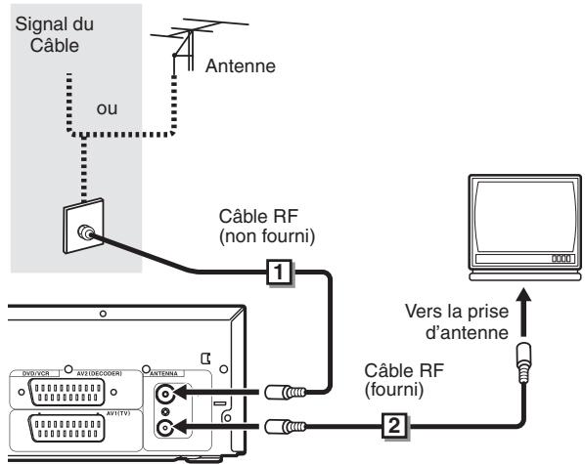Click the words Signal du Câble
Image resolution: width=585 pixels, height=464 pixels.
(x=46, y=32)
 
